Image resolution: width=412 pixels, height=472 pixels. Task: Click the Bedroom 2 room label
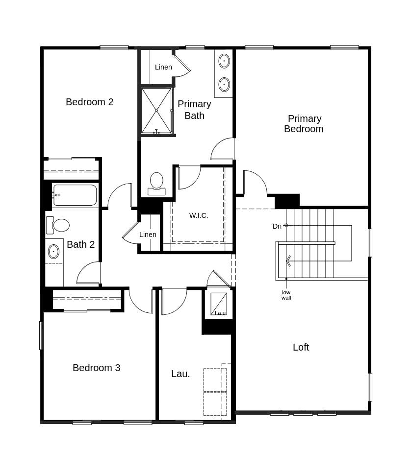[89, 102]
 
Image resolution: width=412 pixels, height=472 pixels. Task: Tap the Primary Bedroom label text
[304, 124]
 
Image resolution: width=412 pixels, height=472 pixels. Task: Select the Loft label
[301, 347]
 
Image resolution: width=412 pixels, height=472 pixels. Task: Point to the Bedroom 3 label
[96, 368]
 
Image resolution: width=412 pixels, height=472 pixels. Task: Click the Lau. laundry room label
[180, 374]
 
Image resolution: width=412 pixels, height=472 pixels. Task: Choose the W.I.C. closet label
[199, 215]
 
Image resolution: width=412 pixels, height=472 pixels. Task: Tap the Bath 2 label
[80, 244]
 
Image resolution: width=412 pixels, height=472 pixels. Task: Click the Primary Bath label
[194, 110]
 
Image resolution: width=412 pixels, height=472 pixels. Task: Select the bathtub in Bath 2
[75, 195]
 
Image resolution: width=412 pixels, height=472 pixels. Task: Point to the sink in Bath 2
[53, 252]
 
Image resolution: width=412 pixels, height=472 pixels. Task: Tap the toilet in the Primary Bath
[156, 183]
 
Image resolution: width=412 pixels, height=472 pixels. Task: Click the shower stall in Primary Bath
[156, 111]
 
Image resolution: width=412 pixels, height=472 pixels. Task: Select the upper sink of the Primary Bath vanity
[224, 61]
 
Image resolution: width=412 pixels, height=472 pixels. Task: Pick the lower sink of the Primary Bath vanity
[224, 84]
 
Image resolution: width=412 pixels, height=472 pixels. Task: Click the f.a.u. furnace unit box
[219, 304]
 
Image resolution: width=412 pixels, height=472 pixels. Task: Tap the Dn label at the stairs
[277, 226]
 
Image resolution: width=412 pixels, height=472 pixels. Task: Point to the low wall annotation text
[286, 295]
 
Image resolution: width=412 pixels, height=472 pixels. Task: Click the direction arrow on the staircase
[288, 261]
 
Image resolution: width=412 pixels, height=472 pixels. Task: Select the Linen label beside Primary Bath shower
[163, 67]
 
